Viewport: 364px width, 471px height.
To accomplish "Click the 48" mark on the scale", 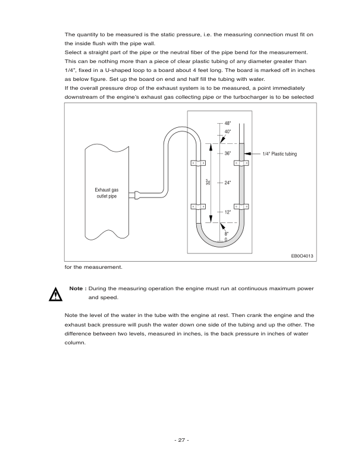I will [228, 123].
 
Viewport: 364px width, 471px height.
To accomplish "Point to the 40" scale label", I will [228, 131].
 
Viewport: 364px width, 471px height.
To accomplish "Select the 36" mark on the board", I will [228, 154].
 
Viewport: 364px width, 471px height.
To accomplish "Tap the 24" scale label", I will [228, 183].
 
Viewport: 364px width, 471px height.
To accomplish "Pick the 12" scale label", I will [228, 212].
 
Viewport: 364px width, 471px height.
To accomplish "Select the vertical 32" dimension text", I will [208, 183].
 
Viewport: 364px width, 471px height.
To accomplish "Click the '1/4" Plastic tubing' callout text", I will [279, 154].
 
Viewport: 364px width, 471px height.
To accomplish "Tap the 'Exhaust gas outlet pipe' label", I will [107, 193].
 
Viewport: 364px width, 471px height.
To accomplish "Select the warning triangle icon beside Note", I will [55, 293].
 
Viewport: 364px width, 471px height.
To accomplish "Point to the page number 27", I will [181, 440].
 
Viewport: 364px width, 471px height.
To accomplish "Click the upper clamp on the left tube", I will [198, 163].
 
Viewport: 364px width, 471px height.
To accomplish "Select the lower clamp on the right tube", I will [241, 207].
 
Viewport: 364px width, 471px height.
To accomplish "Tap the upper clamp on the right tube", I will [241, 163].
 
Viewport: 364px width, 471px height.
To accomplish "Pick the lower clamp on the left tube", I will [198, 207].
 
